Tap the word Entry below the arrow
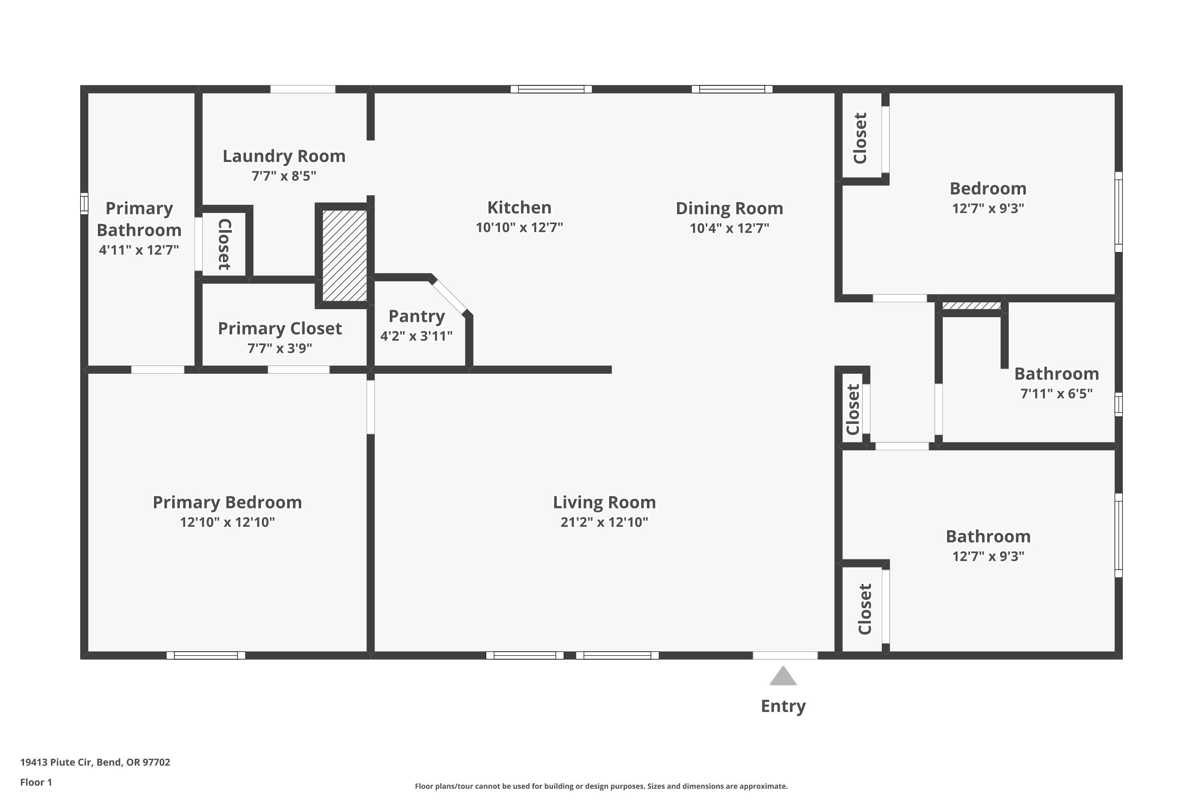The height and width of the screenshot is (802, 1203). pos(783,706)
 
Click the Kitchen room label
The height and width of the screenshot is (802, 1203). pos(519,208)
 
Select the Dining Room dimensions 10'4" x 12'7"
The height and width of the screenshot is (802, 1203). pos(729,228)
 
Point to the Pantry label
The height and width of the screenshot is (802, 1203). pos(416,316)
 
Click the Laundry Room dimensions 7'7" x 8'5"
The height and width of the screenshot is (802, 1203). pos(284,176)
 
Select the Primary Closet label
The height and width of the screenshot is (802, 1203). pos(280,328)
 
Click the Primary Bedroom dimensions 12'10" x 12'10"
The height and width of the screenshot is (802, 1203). pos(227,522)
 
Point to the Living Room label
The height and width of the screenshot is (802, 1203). pos(604,502)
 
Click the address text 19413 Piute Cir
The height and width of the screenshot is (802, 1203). pos(95,762)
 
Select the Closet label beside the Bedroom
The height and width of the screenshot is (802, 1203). pos(860,138)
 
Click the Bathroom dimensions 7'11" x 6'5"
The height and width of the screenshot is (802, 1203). pos(1056,394)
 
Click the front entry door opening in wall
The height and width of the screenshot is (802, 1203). pos(785,655)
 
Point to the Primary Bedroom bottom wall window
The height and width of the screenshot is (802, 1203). pos(206,655)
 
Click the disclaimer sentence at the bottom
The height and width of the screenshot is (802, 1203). pos(601,786)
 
